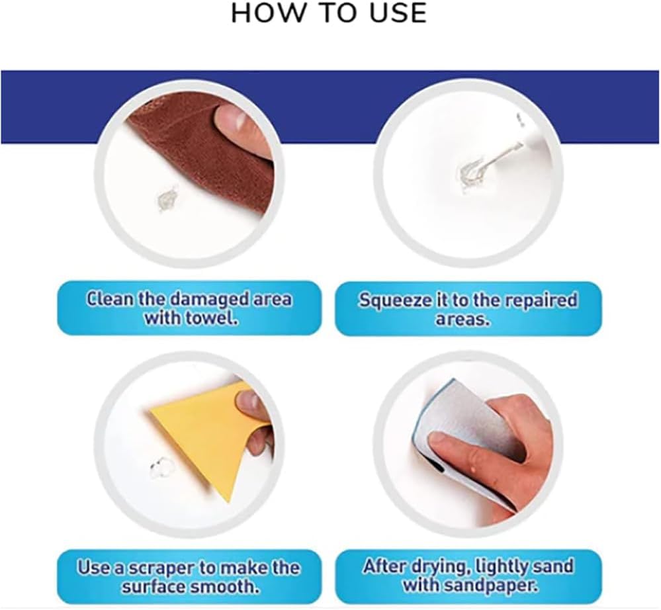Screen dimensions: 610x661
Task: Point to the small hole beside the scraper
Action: point(157,467)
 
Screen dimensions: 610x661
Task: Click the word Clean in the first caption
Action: point(112,299)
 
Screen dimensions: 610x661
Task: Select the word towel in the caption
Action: point(211,319)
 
